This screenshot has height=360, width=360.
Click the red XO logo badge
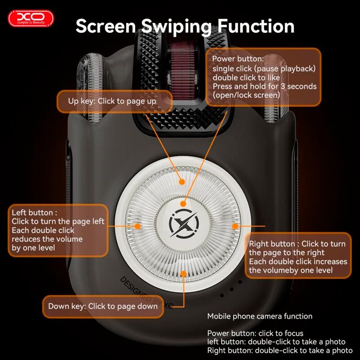[x=31, y=18]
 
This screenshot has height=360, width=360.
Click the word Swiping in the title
[x=176, y=27]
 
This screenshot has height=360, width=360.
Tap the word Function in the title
[x=256, y=26]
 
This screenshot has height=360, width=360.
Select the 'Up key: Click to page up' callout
[x=114, y=102]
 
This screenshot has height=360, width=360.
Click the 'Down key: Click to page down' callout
[x=103, y=306]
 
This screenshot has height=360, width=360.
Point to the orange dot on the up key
[x=182, y=182]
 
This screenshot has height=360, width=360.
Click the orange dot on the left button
[x=138, y=226]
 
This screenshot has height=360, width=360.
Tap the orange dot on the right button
[x=235, y=226]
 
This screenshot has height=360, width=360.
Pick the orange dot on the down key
[x=184, y=274]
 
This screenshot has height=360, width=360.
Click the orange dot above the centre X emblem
[x=183, y=204]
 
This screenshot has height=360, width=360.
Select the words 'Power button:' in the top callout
[x=238, y=59]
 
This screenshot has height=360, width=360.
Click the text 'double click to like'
[x=246, y=77]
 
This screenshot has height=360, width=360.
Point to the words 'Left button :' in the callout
[x=35, y=212]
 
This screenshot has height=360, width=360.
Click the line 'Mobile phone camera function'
[x=260, y=316]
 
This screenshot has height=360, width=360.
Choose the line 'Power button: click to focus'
[x=255, y=333]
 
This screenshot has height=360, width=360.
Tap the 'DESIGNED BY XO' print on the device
[x=146, y=293]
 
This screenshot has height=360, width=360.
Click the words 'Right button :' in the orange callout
[x=274, y=244]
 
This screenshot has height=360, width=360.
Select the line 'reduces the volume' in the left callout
[x=47, y=239]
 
